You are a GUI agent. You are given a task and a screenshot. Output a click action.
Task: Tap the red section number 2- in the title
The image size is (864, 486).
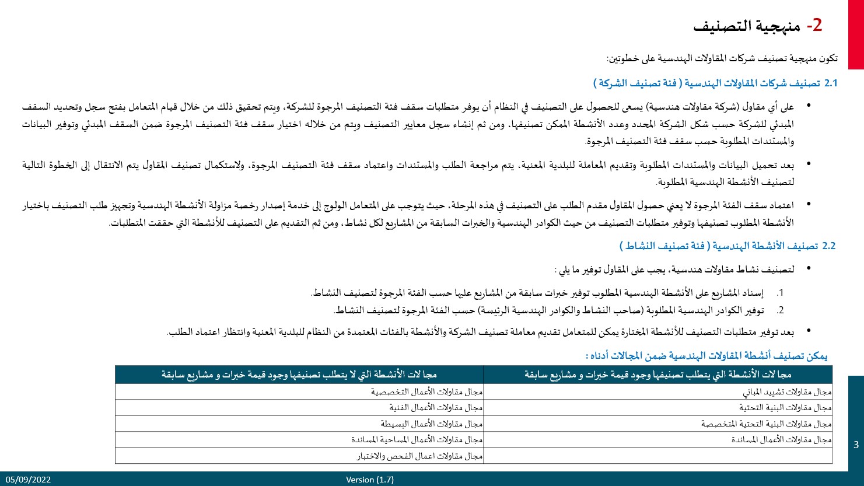tap(814, 25)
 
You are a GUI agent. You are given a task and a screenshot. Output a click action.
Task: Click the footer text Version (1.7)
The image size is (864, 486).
tap(369, 480)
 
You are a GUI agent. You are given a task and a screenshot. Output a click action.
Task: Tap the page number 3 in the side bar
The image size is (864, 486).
tap(856, 445)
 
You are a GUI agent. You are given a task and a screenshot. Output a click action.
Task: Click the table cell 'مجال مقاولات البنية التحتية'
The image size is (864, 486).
tap(785, 407)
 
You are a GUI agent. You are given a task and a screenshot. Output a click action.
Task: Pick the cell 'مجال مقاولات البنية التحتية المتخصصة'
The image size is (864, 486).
tap(767, 424)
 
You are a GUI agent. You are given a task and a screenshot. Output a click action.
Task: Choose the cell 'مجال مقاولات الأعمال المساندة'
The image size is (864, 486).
tap(782, 439)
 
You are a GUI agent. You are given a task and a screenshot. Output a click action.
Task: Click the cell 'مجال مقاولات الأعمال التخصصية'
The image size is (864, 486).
tap(427, 391)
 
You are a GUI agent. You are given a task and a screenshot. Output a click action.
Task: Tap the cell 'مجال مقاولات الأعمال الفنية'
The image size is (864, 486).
tap(436, 407)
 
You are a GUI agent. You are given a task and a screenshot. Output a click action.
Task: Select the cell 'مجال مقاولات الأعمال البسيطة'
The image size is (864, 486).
tap(432, 424)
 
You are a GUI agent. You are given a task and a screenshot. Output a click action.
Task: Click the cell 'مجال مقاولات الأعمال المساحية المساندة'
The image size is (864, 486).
tap(417, 439)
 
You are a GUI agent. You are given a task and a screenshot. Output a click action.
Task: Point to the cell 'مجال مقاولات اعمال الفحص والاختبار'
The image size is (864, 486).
tap(420, 456)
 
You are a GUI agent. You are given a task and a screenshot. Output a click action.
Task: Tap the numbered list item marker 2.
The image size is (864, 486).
tap(780, 310)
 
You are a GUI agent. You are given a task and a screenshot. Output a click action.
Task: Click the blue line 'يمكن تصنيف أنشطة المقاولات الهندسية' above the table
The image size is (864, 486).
tap(706, 355)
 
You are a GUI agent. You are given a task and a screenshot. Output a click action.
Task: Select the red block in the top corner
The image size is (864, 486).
tap(856, 34)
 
